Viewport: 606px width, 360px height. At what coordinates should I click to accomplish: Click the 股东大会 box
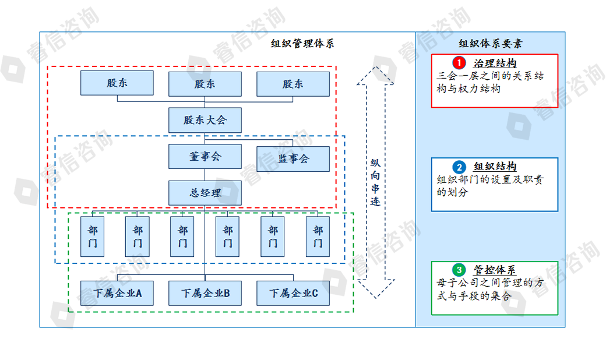(x=205, y=120)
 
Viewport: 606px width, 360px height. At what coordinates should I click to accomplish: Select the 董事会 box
(x=205, y=157)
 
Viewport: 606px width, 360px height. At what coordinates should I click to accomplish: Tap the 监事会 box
(x=293, y=158)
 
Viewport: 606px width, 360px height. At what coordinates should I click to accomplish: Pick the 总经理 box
(x=205, y=193)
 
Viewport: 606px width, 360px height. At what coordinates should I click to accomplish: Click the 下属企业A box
(x=117, y=294)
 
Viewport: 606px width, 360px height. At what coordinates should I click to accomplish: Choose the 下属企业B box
(x=205, y=294)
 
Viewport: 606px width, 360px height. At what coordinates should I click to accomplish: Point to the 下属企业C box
(x=293, y=294)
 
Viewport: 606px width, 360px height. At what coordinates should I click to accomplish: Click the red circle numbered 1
(x=459, y=62)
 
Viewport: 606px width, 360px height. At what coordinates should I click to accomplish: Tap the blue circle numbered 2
(x=459, y=167)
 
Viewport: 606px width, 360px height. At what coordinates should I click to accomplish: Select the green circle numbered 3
(x=459, y=270)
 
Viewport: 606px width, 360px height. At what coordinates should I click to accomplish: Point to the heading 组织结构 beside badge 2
(x=495, y=167)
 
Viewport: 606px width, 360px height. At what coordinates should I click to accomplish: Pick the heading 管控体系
(x=495, y=270)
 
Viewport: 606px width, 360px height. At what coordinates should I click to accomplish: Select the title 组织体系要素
(x=490, y=44)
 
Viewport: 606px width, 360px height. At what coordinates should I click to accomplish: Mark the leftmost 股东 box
(x=117, y=83)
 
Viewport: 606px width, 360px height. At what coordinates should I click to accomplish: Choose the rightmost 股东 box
(x=293, y=84)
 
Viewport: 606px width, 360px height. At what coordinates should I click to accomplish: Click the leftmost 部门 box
(x=92, y=237)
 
